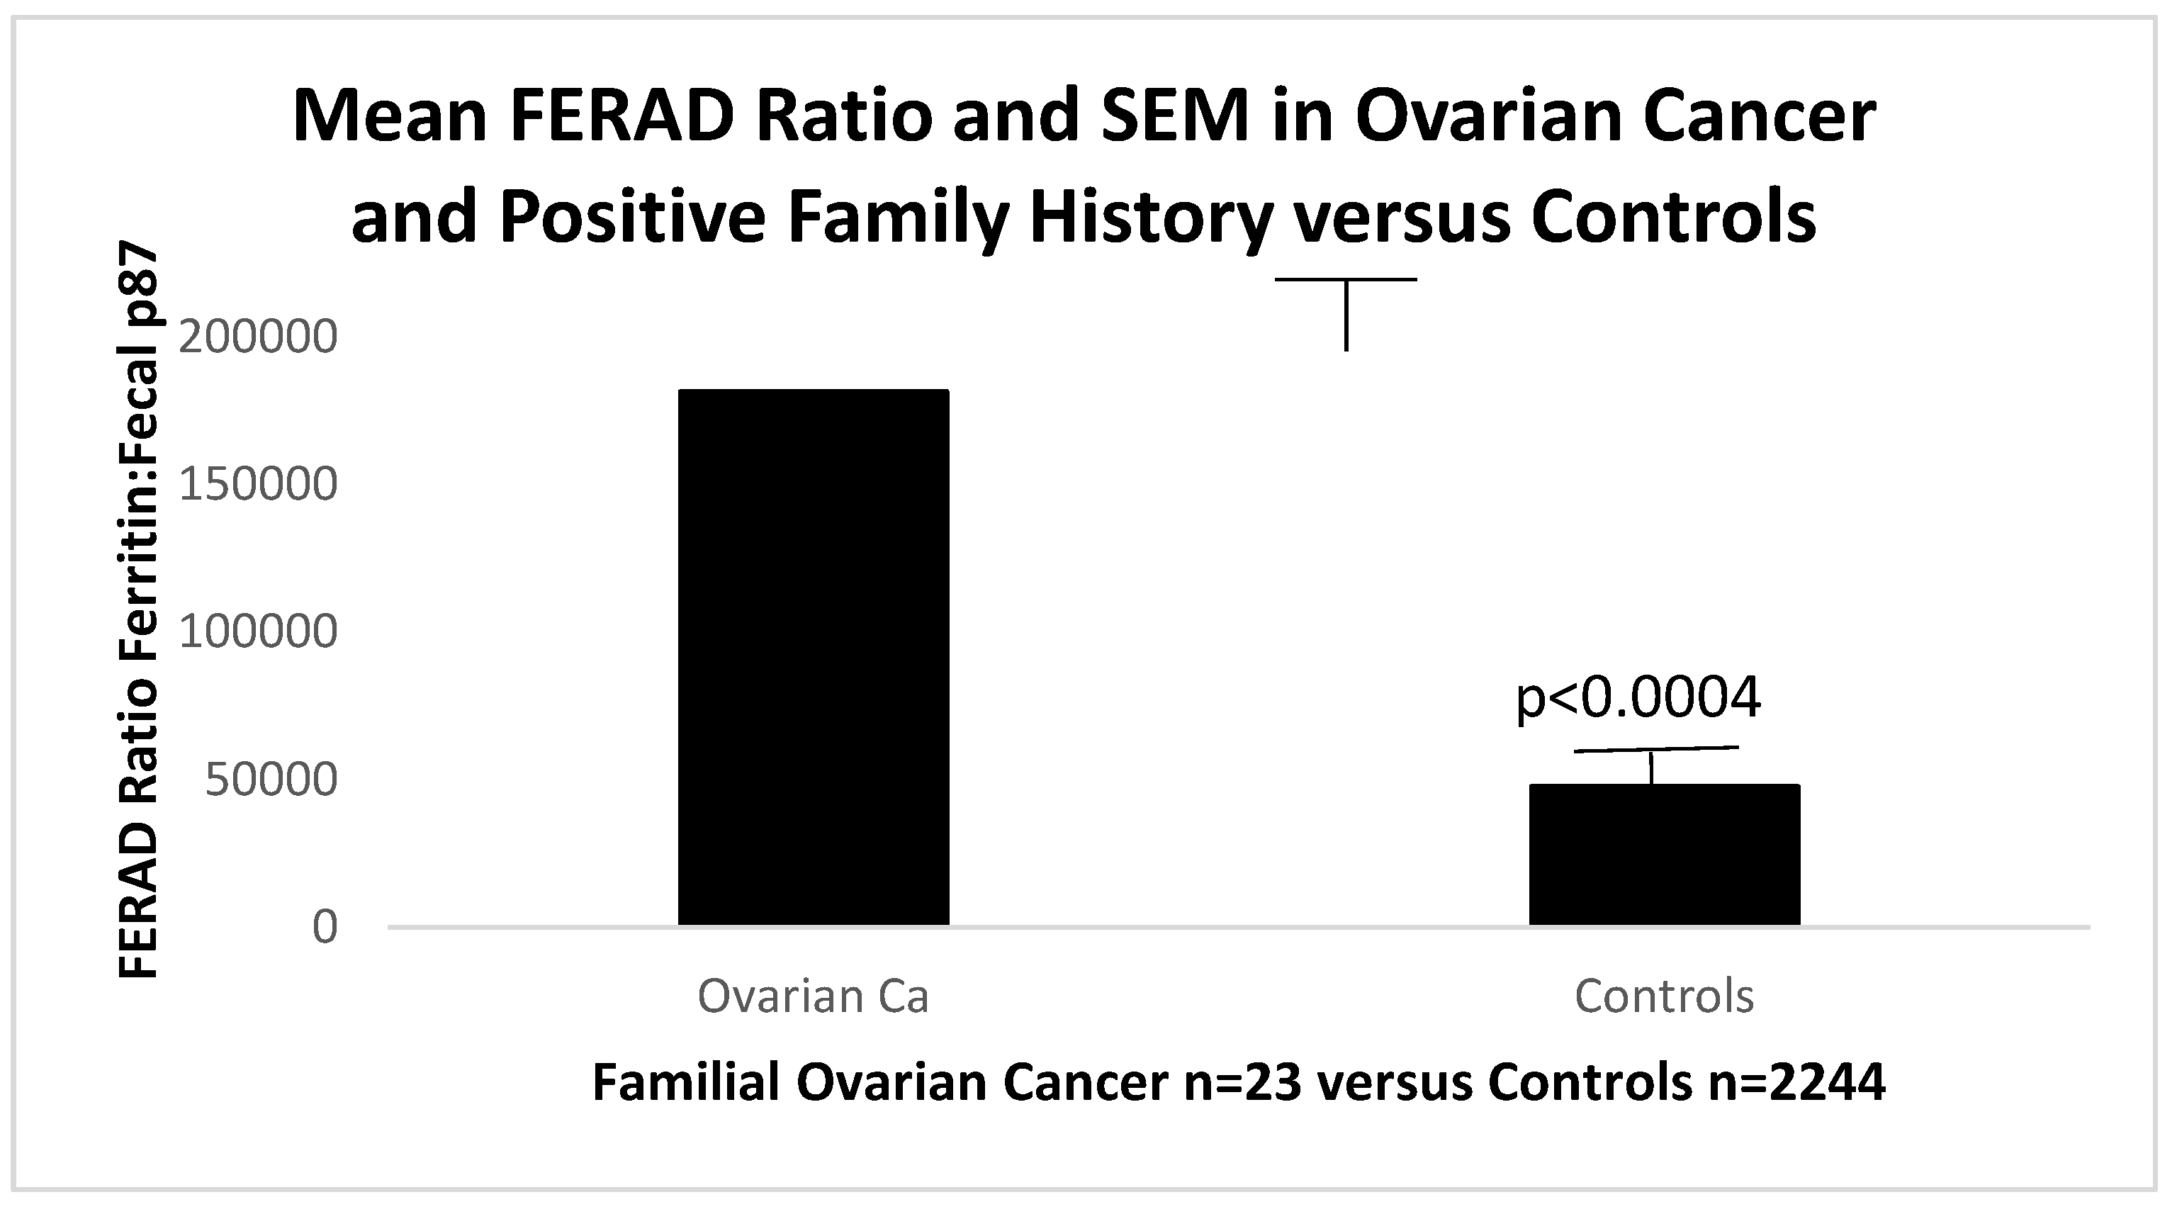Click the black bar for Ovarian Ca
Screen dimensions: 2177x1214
[813, 657]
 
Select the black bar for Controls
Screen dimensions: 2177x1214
[1664, 855]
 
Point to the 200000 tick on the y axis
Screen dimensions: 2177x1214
[259, 337]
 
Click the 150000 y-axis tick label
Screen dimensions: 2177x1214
[259, 485]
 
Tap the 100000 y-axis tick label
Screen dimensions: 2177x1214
[259, 631]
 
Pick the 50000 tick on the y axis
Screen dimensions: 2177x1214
[271, 780]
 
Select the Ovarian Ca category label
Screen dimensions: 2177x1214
[813, 996]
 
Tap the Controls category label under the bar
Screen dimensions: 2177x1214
[1664, 996]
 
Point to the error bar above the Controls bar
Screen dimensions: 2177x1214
[1655, 765]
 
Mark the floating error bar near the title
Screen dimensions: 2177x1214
[1346, 314]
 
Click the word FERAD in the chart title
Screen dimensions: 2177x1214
[622, 117]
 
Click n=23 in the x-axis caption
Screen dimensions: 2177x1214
[1243, 1082]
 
